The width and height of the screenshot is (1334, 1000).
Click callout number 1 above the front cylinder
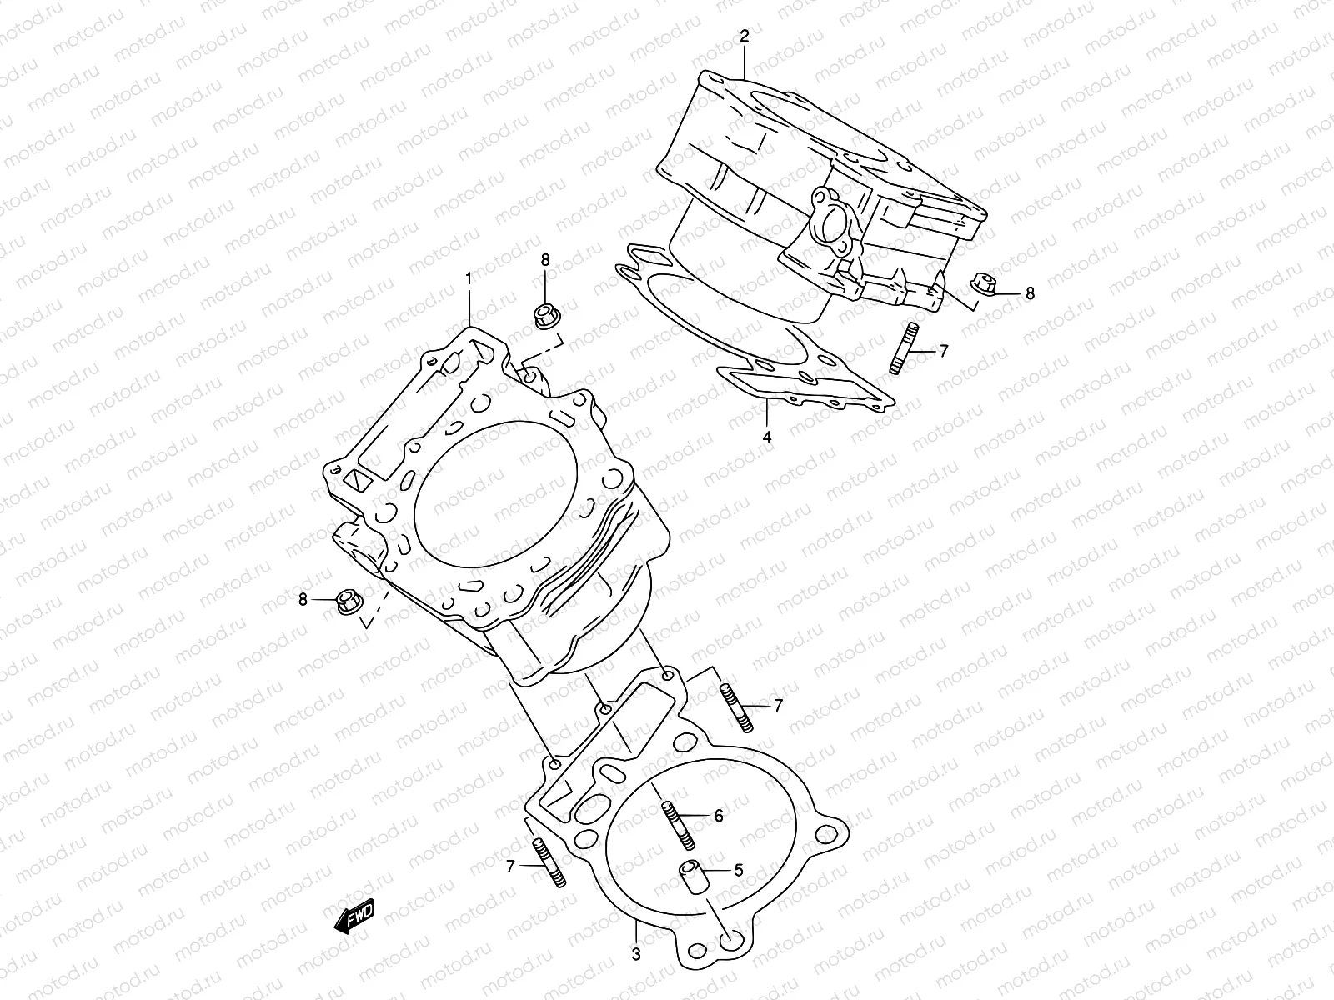pos(469,277)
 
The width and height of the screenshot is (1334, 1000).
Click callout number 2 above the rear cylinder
pos(745,36)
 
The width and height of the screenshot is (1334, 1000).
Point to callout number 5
pos(738,872)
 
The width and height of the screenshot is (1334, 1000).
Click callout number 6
pos(718,817)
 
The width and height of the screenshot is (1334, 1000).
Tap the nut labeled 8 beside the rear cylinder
pos(985,286)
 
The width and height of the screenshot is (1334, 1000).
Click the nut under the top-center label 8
pos(545,317)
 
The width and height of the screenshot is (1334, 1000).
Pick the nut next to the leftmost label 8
pos(348,601)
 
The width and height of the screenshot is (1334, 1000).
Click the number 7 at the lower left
pos(509,867)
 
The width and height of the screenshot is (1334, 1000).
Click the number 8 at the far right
pos(1030,293)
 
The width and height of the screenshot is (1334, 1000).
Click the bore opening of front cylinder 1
pos(494,493)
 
